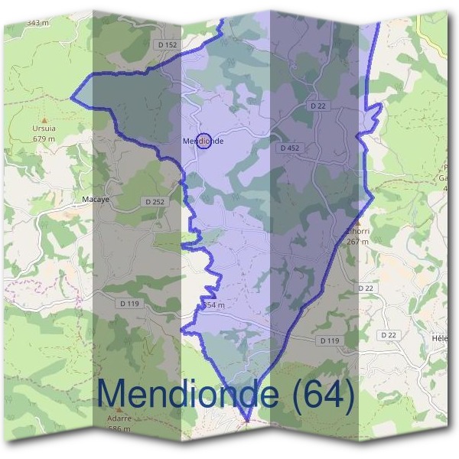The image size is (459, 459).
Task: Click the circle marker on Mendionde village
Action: [203, 141]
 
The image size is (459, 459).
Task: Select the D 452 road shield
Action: [289, 148]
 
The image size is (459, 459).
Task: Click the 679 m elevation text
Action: [44, 139]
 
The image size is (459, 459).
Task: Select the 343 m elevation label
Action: [38, 23]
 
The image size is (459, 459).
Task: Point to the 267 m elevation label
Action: [357, 242]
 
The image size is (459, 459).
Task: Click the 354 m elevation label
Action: [213, 305]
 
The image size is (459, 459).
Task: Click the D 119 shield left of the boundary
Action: [129, 303]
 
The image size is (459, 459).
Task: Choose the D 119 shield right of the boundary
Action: [330, 340]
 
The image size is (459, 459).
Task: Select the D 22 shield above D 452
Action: [320, 106]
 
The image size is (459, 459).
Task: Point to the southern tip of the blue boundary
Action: [247, 420]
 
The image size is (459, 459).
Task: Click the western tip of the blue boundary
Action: [72, 98]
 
